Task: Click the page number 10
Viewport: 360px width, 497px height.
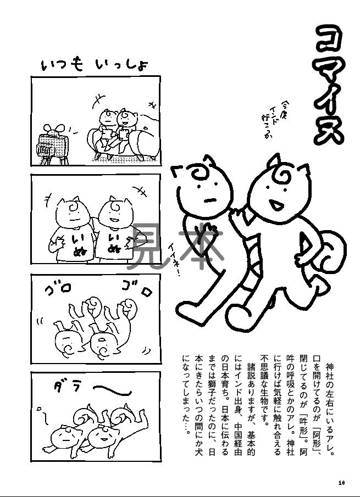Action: [341, 483]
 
